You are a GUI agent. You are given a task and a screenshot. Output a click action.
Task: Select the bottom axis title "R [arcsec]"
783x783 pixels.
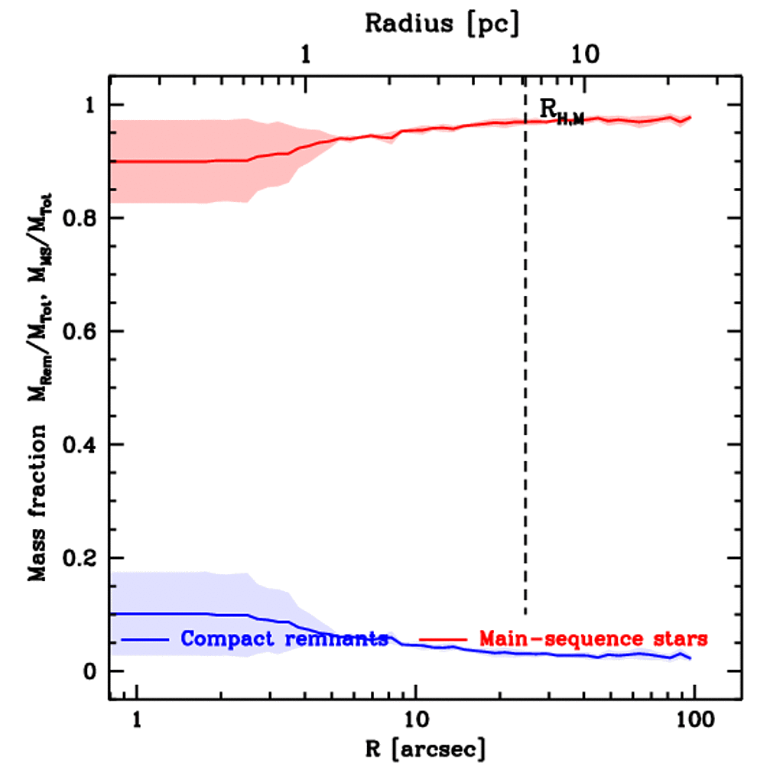point(425,749)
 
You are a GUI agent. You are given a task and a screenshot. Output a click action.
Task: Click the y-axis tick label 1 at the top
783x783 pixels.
point(89,106)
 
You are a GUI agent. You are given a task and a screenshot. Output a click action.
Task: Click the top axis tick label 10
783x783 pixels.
point(584,55)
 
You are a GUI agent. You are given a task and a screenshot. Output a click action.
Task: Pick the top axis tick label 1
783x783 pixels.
point(306,55)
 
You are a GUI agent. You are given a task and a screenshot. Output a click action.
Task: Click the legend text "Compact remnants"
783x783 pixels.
point(284,638)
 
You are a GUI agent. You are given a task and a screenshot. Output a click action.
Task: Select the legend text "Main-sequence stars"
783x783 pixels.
point(593,638)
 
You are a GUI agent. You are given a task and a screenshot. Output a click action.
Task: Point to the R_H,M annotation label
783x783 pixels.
point(560,111)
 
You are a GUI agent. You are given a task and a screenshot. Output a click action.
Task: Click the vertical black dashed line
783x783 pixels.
point(525,382)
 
